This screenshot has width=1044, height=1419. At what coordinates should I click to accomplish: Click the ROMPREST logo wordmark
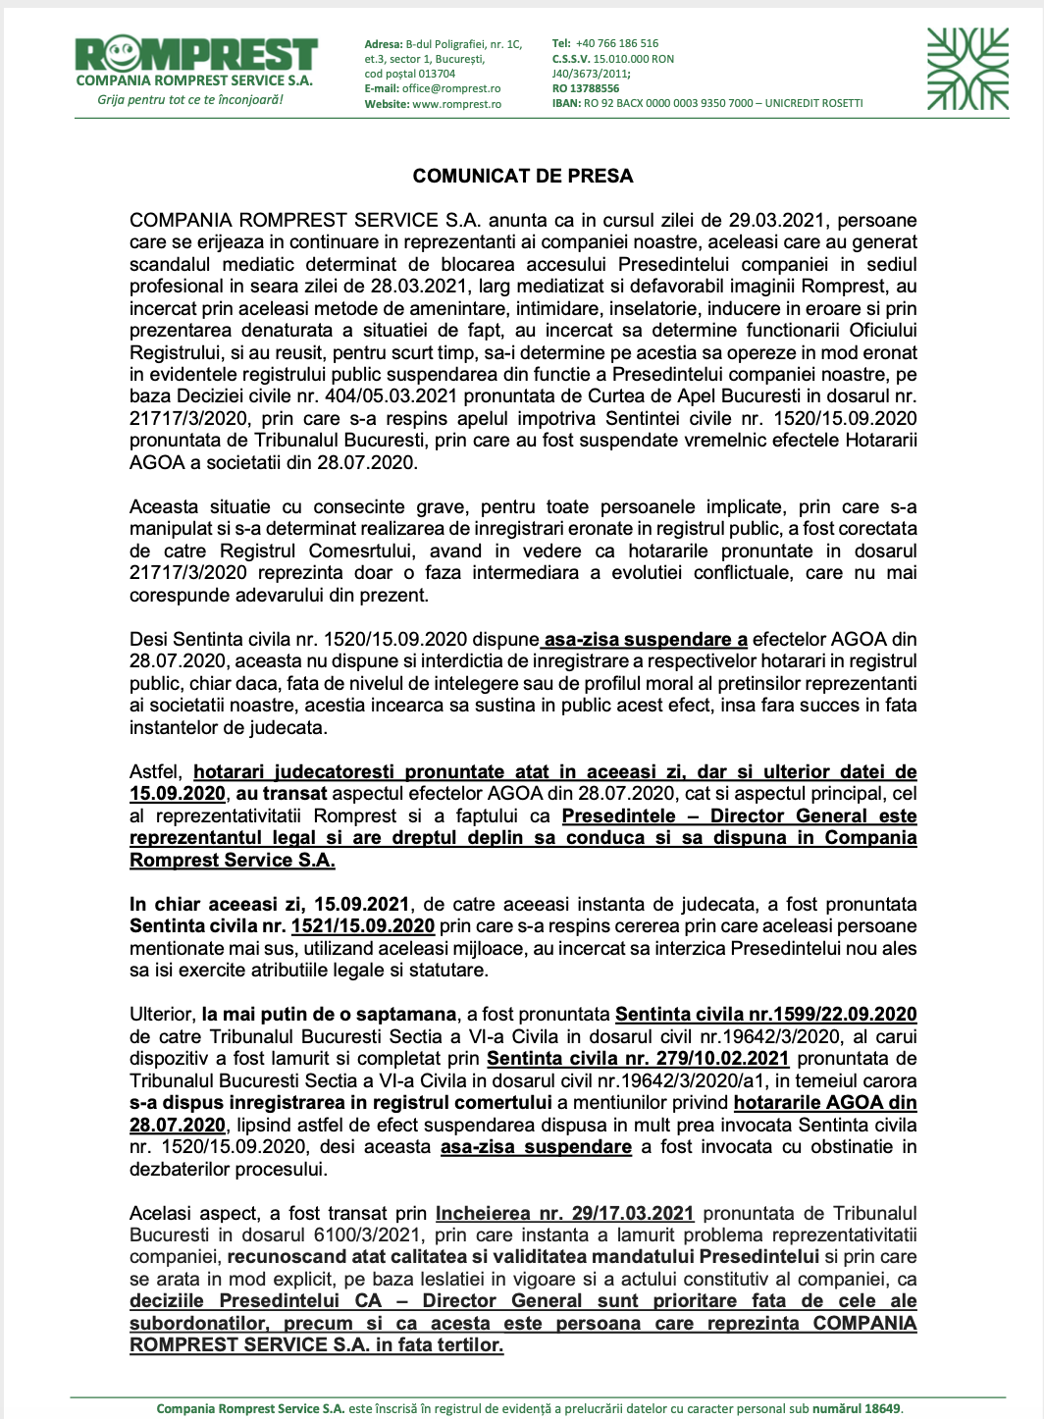pyautogui.click(x=196, y=53)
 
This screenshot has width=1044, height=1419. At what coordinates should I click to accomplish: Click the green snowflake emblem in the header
pyautogui.click(x=967, y=69)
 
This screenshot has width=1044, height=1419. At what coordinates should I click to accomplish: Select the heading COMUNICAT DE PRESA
pyautogui.click(x=523, y=177)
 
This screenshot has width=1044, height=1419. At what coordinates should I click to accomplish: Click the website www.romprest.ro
pyautogui.click(x=456, y=104)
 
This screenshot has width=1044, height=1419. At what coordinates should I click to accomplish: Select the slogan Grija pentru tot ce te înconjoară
pyautogui.click(x=190, y=100)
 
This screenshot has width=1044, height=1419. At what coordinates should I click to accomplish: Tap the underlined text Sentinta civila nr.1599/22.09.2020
pyautogui.click(x=766, y=1015)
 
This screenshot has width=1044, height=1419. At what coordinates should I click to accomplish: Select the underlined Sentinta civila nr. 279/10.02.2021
pyautogui.click(x=638, y=1059)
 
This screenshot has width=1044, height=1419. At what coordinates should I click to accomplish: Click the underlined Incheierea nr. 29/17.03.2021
pyautogui.click(x=564, y=1214)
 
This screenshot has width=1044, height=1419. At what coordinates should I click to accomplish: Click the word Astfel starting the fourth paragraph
pyautogui.click(x=156, y=772)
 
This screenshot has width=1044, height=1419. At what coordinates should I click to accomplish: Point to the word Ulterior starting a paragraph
pyautogui.click(x=162, y=1015)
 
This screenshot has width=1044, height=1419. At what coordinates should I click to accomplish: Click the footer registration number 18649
pyautogui.click(x=882, y=1409)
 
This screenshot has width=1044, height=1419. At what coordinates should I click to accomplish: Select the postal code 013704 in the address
pyautogui.click(x=437, y=74)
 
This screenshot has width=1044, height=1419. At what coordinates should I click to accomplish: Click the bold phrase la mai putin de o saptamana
pyautogui.click(x=330, y=1015)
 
